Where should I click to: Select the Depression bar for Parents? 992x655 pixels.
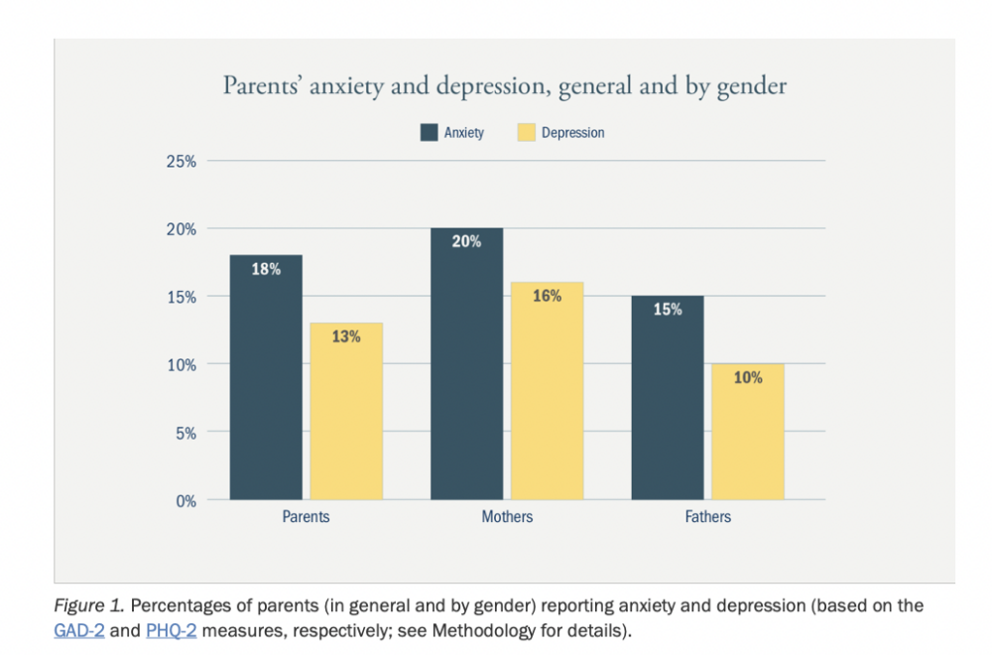click(346, 411)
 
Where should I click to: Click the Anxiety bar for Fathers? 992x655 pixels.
click(668, 397)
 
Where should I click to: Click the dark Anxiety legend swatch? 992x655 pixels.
click(429, 132)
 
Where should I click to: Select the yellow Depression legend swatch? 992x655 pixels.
click(526, 132)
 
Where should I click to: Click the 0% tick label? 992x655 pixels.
click(186, 501)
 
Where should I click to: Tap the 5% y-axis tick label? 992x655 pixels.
click(186, 433)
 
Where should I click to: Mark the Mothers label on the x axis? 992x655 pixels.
click(507, 517)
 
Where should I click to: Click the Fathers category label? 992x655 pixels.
click(707, 517)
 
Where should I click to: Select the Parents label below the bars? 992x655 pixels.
click(306, 517)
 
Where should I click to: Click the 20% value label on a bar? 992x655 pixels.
click(466, 241)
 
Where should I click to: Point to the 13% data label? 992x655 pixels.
click(346, 336)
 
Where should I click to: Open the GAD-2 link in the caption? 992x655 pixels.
click(78, 630)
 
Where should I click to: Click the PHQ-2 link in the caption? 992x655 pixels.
click(171, 630)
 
